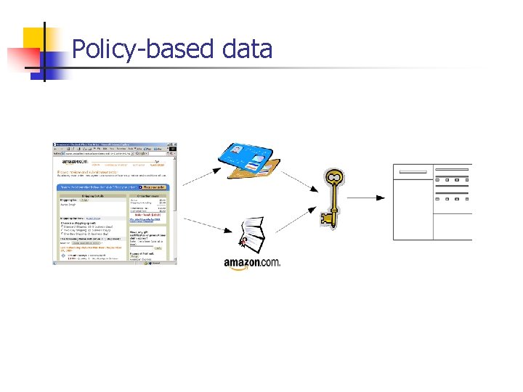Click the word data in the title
(247, 49)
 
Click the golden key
(333, 197)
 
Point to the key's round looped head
(333, 177)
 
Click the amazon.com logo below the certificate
(251, 263)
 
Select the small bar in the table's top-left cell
(413, 172)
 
